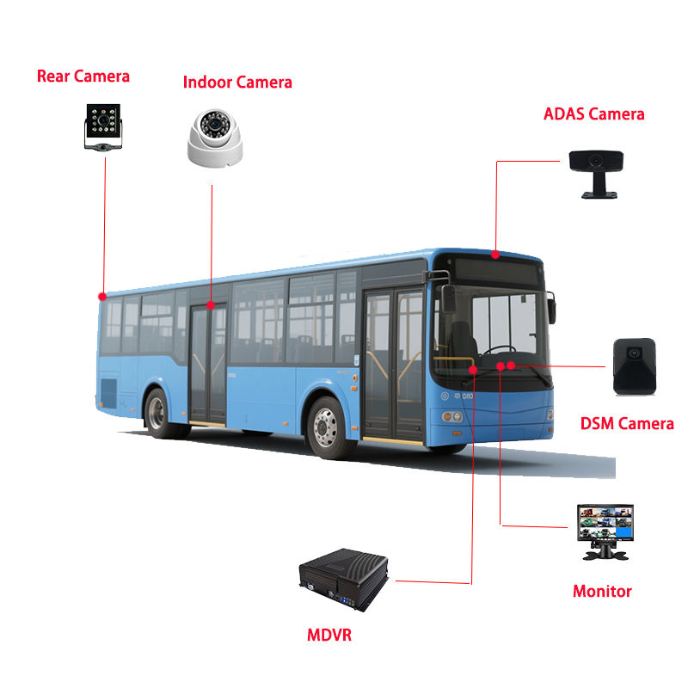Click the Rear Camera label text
pyautogui.click(x=83, y=77)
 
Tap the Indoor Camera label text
pyautogui.click(x=237, y=83)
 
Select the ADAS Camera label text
pyautogui.click(x=593, y=114)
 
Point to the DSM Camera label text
pyautogui.click(x=627, y=423)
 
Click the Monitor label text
pyautogui.click(x=602, y=592)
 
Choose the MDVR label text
pyautogui.click(x=329, y=636)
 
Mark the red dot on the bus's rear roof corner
pyautogui.click(x=102, y=296)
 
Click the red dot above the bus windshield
pyautogui.click(x=495, y=255)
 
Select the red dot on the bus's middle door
pyautogui.click(x=212, y=304)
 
